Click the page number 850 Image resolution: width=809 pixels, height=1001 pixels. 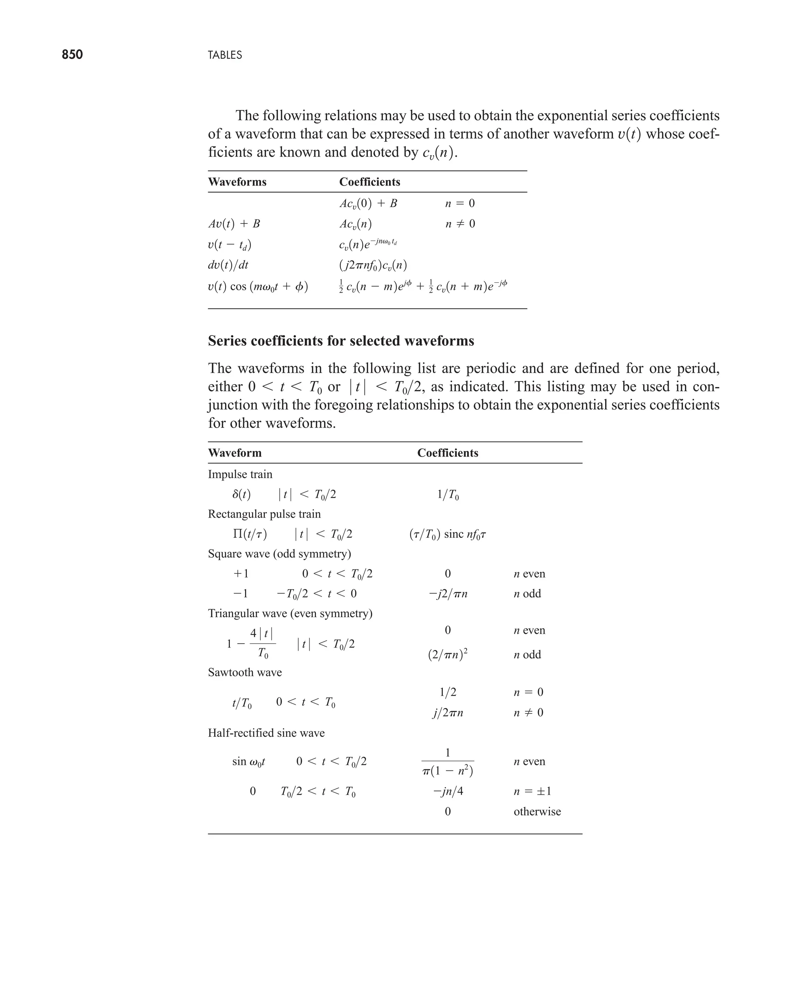pyautogui.click(x=72, y=54)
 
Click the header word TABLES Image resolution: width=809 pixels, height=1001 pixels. pyautogui.click(x=225, y=55)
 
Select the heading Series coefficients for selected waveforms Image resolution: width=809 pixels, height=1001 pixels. pyautogui.click(x=341, y=341)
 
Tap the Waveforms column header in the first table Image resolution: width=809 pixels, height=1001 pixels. pyautogui.click(x=237, y=182)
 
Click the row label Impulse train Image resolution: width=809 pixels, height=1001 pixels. pyautogui.click(x=240, y=474)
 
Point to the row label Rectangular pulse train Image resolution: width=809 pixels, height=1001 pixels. pyautogui.click(x=264, y=514)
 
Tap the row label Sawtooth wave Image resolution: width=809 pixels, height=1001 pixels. pyautogui.click(x=245, y=672)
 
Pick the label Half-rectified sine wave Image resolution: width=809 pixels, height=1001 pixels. pyautogui.click(x=266, y=733)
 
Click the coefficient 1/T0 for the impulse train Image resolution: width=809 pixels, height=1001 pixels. pyautogui.click(x=448, y=495)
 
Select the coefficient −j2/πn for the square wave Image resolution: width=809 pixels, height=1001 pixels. pyautogui.click(x=448, y=594)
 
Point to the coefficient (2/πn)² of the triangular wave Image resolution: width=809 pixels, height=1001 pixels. pyautogui.click(x=448, y=654)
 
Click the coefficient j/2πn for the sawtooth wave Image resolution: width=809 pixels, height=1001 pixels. pyautogui.click(x=448, y=713)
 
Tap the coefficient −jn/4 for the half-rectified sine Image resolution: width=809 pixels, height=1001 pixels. pyautogui.click(x=448, y=791)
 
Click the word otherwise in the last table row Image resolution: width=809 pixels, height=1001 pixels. pyautogui.click(x=537, y=811)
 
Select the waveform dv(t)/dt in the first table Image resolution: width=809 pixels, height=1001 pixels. pyautogui.click(x=228, y=265)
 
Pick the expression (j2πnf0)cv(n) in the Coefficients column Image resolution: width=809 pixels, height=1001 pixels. pyautogui.click(x=373, y=265)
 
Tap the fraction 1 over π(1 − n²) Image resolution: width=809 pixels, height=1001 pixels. pyautogui.click(x=448, y=762)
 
